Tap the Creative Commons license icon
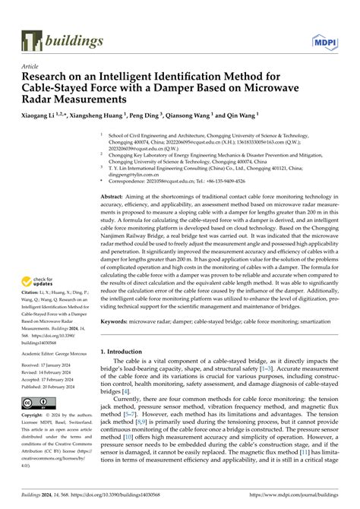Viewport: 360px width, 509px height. [x=36, y=403]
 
